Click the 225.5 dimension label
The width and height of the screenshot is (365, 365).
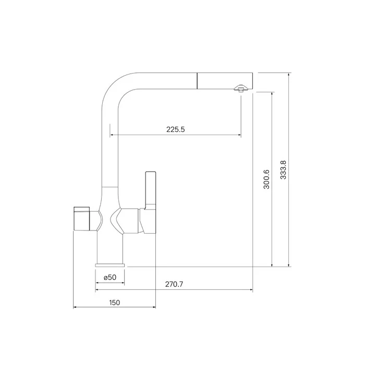coord(176,129)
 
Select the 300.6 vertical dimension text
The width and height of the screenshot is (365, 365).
coord(266,179)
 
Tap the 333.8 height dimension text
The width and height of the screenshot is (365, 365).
coord(283,170)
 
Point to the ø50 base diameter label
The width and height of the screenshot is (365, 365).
coord(110,277)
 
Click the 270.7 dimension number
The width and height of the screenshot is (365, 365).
coord(174,284)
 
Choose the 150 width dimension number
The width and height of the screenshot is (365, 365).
coord(115,302)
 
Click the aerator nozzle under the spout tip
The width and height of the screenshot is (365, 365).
coord(241,88)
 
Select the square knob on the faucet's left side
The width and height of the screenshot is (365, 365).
coord(81,218)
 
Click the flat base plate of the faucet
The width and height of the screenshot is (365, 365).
coord(110,265)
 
